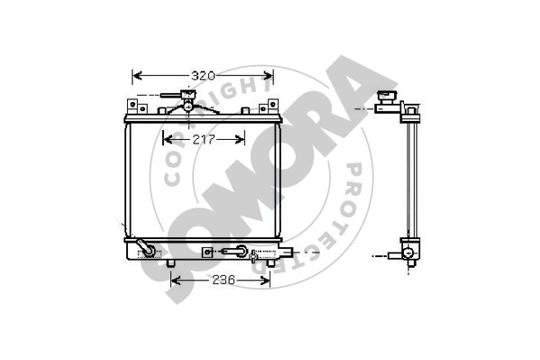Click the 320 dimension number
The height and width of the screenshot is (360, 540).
click(203, 76)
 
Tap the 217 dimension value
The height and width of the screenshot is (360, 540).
click(204, 140)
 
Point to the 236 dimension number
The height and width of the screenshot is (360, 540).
click(224, 280)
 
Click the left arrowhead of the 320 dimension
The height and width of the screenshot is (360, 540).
click(137, 76)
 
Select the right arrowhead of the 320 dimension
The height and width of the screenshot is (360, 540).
click(269, 76)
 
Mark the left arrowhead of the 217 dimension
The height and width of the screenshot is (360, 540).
click(168, 140)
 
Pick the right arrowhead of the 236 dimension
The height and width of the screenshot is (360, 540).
click(265, 281)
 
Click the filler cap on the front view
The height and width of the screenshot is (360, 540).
click(188, 94)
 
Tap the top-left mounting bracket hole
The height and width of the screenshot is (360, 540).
click(132, 104)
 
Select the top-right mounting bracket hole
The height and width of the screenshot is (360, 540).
click(273, 104)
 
